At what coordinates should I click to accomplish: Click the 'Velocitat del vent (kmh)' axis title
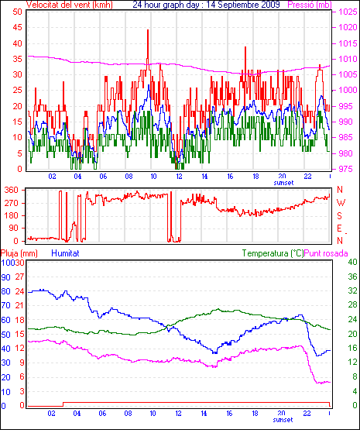tap(70, 5)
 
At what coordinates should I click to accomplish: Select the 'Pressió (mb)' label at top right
tap(310, 5)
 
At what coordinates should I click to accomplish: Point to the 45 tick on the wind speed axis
tap(17, 27)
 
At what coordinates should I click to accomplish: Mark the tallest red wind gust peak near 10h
tap(148, 30)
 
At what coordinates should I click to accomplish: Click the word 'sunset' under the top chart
tap(283, 183)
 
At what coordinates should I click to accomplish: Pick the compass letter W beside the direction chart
tap(341, 203)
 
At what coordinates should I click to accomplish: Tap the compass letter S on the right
tap(340, 215)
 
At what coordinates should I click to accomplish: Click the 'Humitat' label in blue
tap(66, 253)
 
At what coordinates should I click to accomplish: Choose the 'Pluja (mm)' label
tap(19, 253)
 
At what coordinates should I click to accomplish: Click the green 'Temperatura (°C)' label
tap(273, 253)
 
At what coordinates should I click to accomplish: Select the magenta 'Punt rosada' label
tap(326, 253)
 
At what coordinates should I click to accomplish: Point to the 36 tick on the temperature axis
tap(352, 277)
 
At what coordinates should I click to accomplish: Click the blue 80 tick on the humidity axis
tap(5, 291)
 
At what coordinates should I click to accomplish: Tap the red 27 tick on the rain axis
tap(19, 277)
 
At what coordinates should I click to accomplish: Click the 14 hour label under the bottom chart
tap(204, 414)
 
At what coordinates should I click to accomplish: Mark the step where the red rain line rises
tap(63, 404)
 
